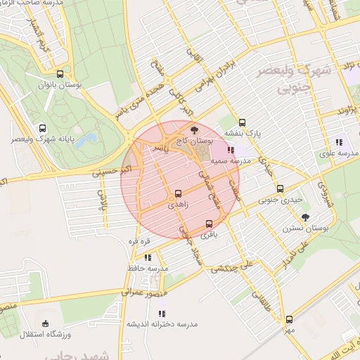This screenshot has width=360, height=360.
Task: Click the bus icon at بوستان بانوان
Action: (60, 73)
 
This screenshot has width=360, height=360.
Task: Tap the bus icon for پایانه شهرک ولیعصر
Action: (43, 129)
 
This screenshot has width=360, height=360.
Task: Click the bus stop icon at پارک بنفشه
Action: (243, 122)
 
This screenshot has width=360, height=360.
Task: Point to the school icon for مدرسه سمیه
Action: (231, 150)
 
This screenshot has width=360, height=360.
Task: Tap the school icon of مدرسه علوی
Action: (339, 142)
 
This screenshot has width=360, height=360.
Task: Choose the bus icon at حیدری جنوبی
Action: (280, 188)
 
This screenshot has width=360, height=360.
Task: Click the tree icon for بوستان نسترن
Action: (304, 217)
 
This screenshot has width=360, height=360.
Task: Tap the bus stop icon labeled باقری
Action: (208, 224)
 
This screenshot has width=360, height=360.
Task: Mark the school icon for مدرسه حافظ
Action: (148, 257)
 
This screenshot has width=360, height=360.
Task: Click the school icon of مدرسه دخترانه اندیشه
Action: (162, 314)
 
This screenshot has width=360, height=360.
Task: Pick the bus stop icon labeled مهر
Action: (288, 319)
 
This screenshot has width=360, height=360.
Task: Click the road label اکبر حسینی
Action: (112, 169)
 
